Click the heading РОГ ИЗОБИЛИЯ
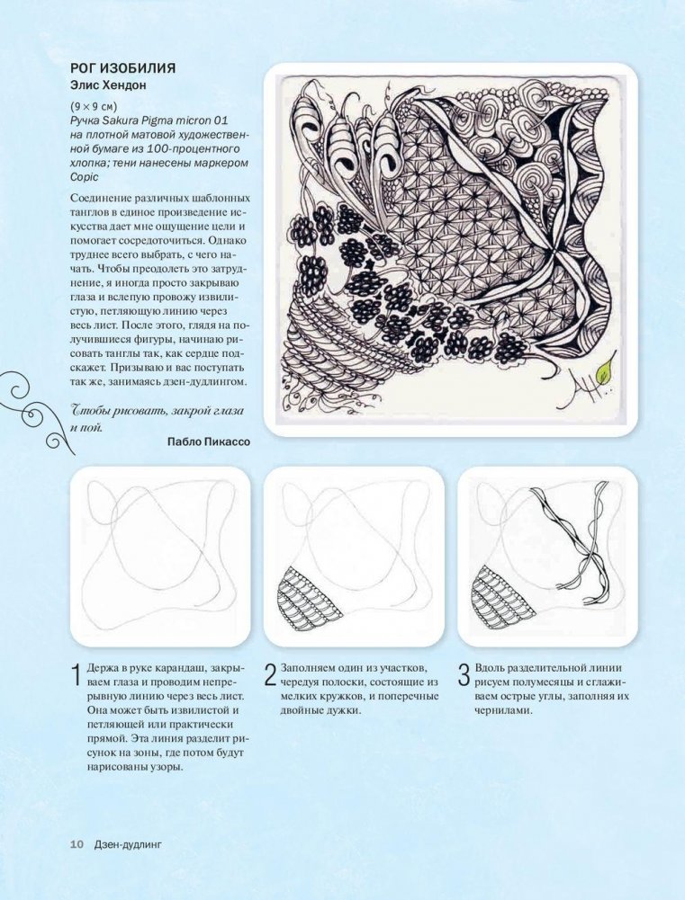tap(123, 68)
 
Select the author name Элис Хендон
tap(108, 86)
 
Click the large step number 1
tap(76, 675)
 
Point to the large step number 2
tap(271, 675)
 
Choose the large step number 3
tap(464, 675)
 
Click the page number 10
tap(77, 843)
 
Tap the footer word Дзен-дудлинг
tap(128, 843)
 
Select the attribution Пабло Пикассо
tap(209, 441)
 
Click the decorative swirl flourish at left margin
tap(36, 411)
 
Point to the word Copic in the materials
tap(85, 177)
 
